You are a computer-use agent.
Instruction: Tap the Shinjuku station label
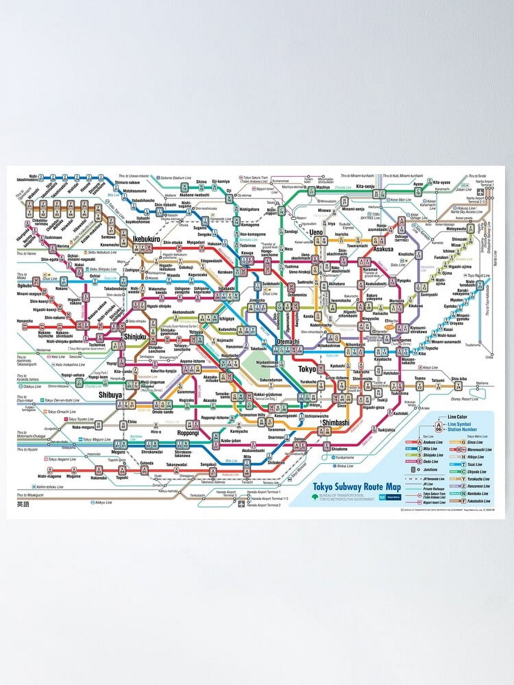pos(135,337)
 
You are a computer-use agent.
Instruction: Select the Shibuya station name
pos(110,395)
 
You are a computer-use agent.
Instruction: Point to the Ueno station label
pos(316,233)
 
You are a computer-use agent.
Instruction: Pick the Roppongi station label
pos(188,433)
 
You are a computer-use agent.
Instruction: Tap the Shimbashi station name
pos(335,423)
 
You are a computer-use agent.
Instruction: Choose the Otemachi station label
pos(288,341)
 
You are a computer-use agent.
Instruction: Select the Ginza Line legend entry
pos(475,442)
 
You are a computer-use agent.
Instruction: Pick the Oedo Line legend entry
pos(430,462)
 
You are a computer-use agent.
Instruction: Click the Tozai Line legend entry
pos(474,464)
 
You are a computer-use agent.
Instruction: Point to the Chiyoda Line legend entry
pos(477,472)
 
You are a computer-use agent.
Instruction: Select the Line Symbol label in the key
pos(459,424)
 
